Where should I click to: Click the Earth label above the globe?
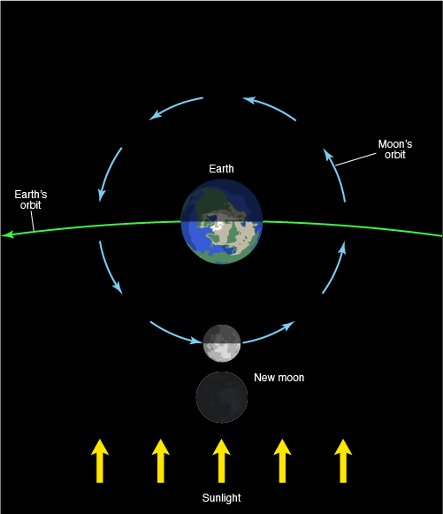[x=221, y=169]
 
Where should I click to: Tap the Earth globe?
[x=221, y=221]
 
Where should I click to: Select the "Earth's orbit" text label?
[x=31, y=200]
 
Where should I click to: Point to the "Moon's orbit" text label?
[x=395, y=150]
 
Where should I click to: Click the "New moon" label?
[x=279, y=378]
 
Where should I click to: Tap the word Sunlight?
[x=221, y=497]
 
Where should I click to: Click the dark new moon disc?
[x=222, y=397]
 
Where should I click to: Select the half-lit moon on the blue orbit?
[x=222, y=343]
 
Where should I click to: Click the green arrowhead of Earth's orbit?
[x=7, y=234]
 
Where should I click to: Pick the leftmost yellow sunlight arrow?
[x=100, y=461]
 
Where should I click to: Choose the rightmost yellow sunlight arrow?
[x=343, y=461]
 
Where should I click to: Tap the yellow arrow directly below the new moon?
[x=221, y=461]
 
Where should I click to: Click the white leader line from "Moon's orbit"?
[x=355, y=159]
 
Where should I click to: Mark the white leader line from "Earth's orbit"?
[x=33, y=221]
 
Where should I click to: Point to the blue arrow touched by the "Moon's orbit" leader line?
[x=336, y=173]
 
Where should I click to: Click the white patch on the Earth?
[x=218, y=227]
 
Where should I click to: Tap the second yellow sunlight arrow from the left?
[x=161, y=461]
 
